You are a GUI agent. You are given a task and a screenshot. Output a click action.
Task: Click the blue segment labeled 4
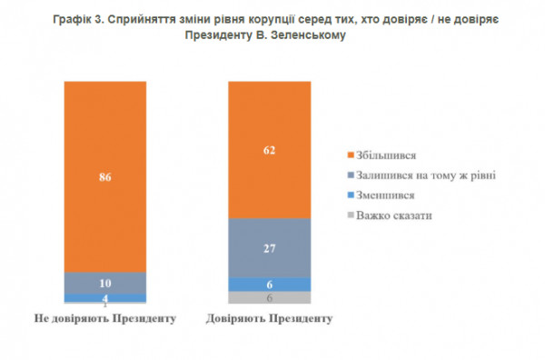[x=105, y=298]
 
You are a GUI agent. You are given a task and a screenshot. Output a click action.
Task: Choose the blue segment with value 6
[x=268, y=284]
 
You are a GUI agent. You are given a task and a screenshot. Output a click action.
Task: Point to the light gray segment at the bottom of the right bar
[x=268, y=297]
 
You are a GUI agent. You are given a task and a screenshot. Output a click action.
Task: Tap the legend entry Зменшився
[x=383, y=195]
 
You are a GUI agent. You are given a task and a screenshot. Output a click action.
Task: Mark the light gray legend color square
[x=351, y=215]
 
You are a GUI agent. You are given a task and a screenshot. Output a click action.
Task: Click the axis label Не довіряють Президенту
[x=105, y=319]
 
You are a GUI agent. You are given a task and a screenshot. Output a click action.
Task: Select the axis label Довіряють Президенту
[x=268, y=319]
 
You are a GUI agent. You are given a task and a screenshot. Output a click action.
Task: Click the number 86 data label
[x=105, y=178]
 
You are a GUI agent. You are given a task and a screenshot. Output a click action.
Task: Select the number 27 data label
[x=268, y=248]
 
